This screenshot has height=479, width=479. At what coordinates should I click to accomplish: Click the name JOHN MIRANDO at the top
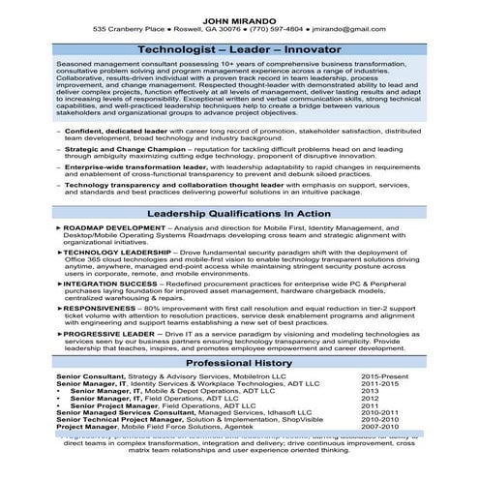click(239, 17)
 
